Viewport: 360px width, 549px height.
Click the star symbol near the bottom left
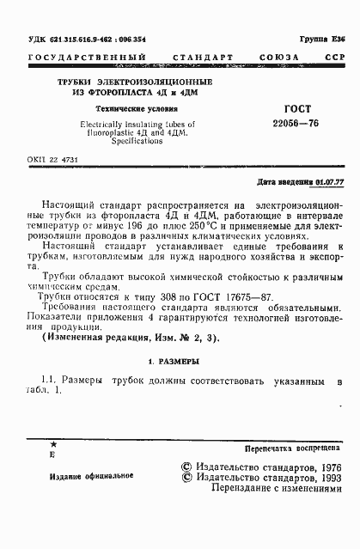54,442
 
